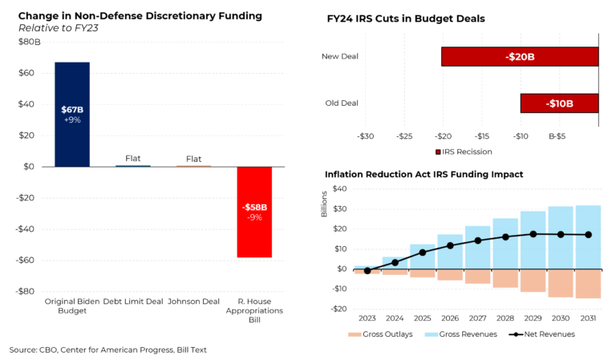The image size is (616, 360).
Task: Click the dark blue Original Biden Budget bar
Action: [72, 114]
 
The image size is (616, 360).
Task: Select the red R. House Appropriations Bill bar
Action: [254, 212]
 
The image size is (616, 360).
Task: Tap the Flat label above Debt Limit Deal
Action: [133, 158]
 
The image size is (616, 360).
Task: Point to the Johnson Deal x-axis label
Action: [193, 301]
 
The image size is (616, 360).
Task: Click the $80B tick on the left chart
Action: [30, 42]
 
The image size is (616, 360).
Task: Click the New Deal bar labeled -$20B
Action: [520, 56]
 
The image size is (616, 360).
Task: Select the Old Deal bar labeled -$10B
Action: [559, 103]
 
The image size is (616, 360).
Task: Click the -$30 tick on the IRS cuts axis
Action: [367, 136]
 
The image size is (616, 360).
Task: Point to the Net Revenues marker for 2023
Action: [367, 271]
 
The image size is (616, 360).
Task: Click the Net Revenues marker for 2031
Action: [589, 235]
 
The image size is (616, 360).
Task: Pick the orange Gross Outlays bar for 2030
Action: [561, 283]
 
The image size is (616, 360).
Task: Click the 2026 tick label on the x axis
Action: [450, 318]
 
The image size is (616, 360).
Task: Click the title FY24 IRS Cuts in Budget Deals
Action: [407, 18]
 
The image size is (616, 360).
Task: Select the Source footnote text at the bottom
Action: [108, 350]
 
